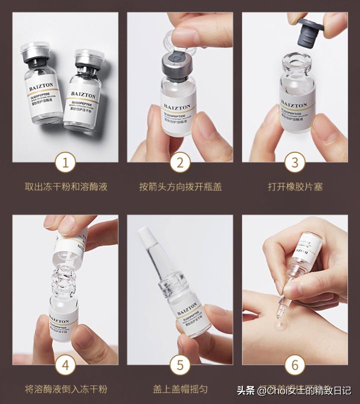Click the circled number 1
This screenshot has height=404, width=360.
point(65,163)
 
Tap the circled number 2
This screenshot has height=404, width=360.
point(180,163)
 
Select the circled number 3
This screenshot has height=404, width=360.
point(295,163)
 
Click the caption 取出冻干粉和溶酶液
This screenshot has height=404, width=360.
point(66,187)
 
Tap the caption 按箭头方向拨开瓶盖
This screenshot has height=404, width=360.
point(180,187)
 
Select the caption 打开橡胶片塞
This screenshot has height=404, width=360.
point(295,187)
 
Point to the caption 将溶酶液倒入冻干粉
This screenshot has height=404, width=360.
point(66,389)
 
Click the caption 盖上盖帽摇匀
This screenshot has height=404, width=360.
point(180,389)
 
